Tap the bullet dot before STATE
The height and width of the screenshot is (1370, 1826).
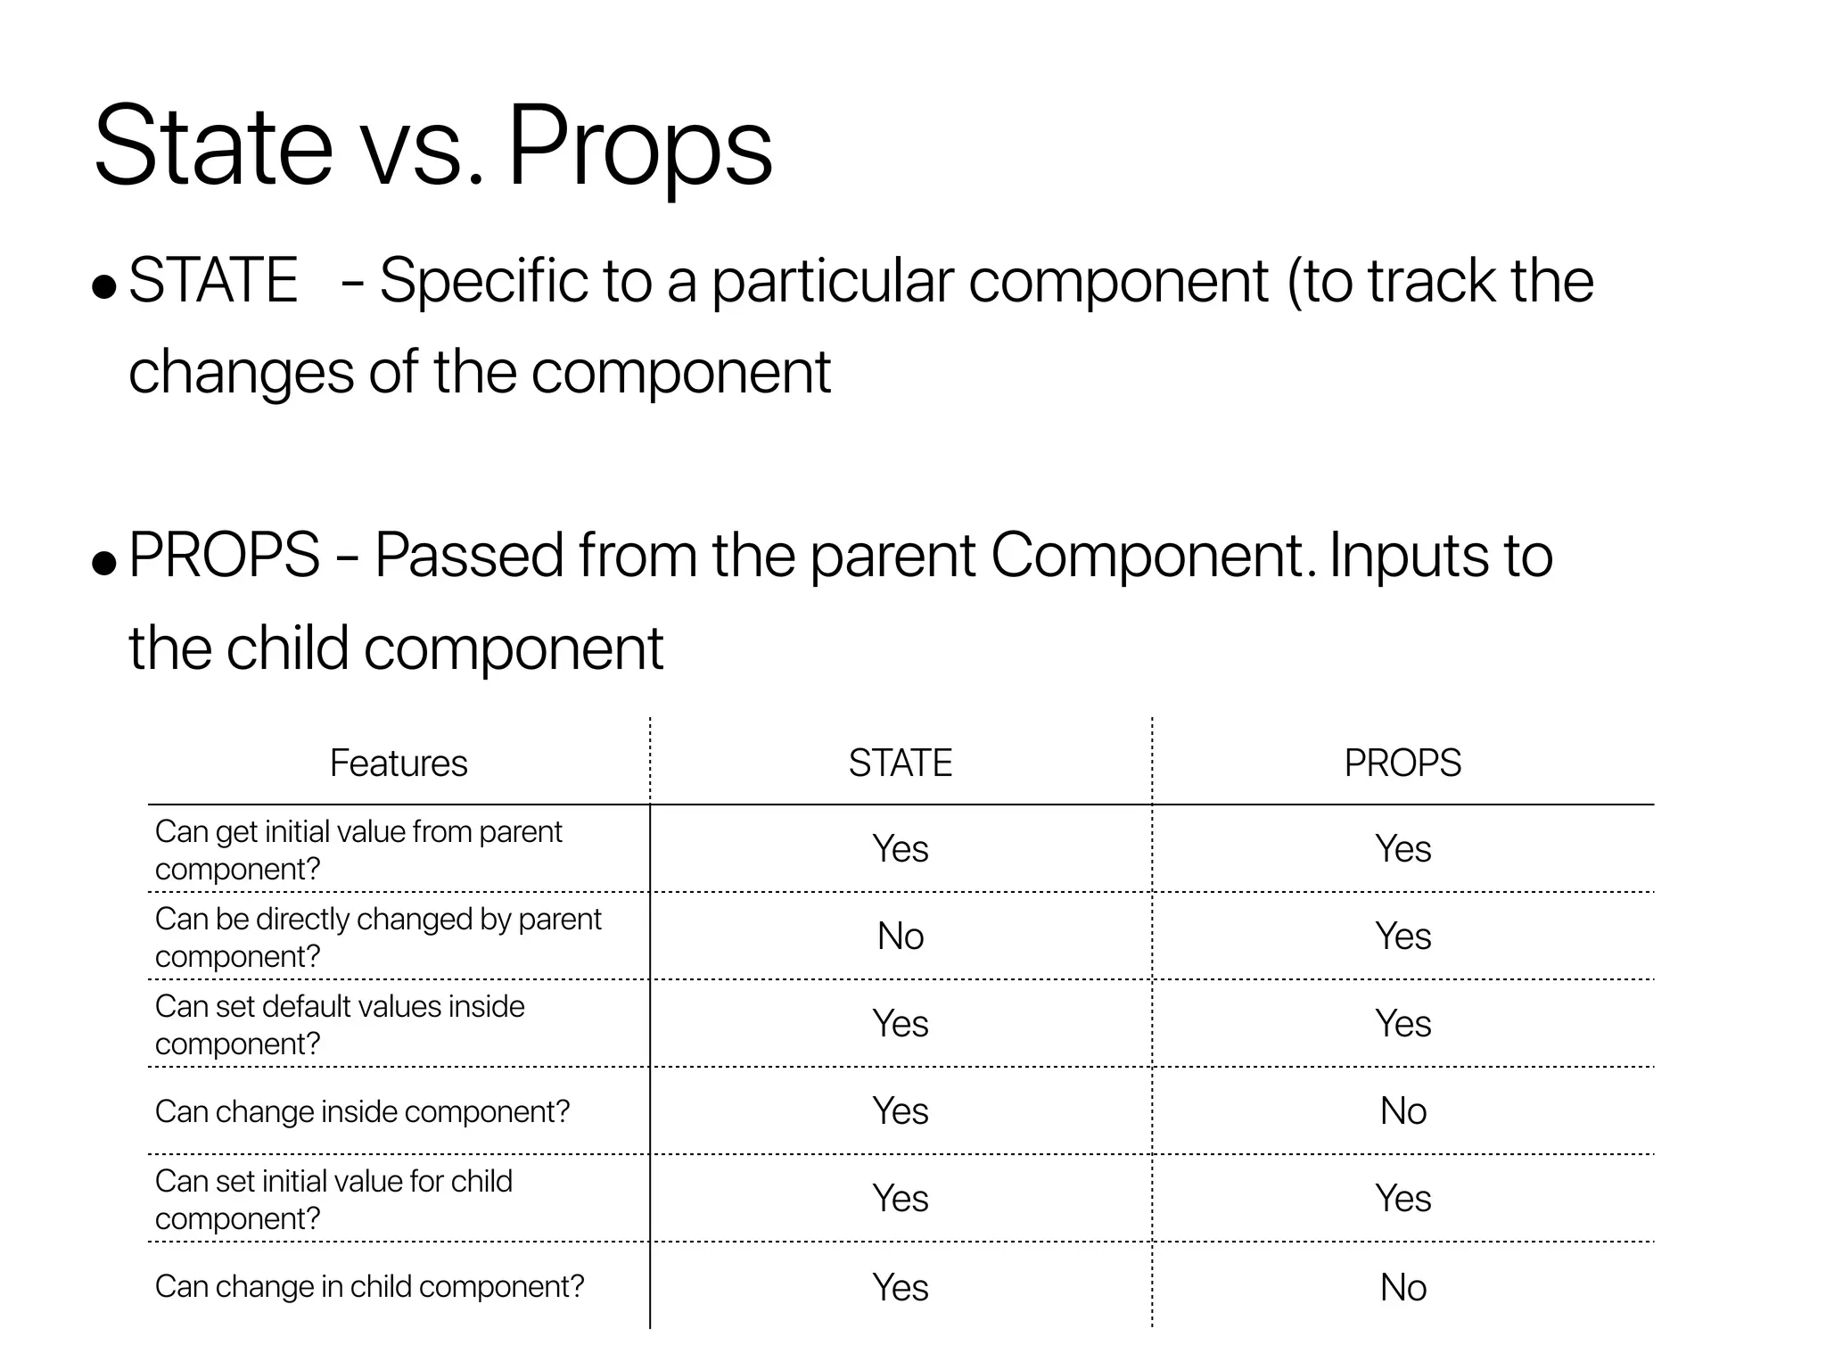(104, 286)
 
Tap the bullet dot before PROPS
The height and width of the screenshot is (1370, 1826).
(104, 562)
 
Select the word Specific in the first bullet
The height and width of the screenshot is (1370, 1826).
(483, 282)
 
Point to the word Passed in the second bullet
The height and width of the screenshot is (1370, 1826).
(468, 556)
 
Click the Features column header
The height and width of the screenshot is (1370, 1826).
(399, 763)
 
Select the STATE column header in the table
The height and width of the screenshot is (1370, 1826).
(901, 763)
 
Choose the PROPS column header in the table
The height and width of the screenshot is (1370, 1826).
(1402, 763)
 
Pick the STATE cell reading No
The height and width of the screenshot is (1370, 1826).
(901, 937)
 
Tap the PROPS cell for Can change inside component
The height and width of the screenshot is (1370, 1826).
(1402, 1111)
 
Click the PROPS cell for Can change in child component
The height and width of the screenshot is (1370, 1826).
(1402, 1287)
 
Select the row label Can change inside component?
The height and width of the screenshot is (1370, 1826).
(362, 1112)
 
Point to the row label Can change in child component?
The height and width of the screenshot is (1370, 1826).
(369, 1287)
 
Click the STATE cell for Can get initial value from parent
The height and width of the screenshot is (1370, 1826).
(901, 849)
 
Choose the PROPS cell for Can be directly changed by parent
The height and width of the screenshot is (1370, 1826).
(1402, 937)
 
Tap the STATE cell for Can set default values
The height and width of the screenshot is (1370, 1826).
(901, 1024)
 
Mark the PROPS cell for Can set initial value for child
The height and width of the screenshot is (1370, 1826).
(1402, 1199)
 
